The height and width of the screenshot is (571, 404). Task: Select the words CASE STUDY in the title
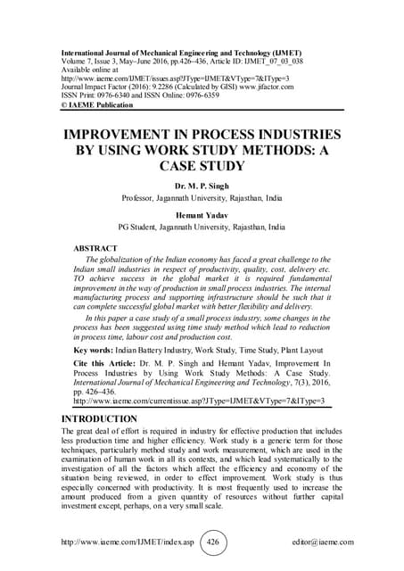point(202,165)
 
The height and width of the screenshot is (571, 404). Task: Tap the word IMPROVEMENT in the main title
point(120,130)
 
